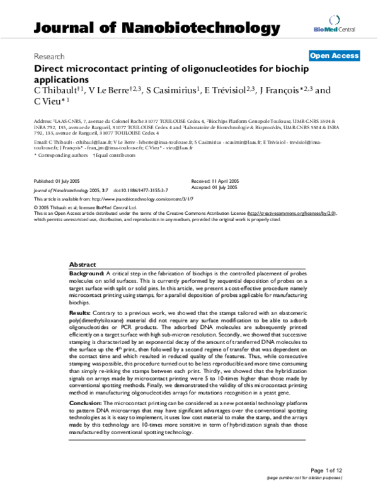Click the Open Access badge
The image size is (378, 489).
(334, 56)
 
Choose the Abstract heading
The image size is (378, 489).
(83, 265)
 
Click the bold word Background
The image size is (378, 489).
(87, 275)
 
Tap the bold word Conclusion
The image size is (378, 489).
(86, 403)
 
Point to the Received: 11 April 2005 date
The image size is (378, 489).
(214, 180)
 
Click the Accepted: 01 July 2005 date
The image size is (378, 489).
(214, 187)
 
